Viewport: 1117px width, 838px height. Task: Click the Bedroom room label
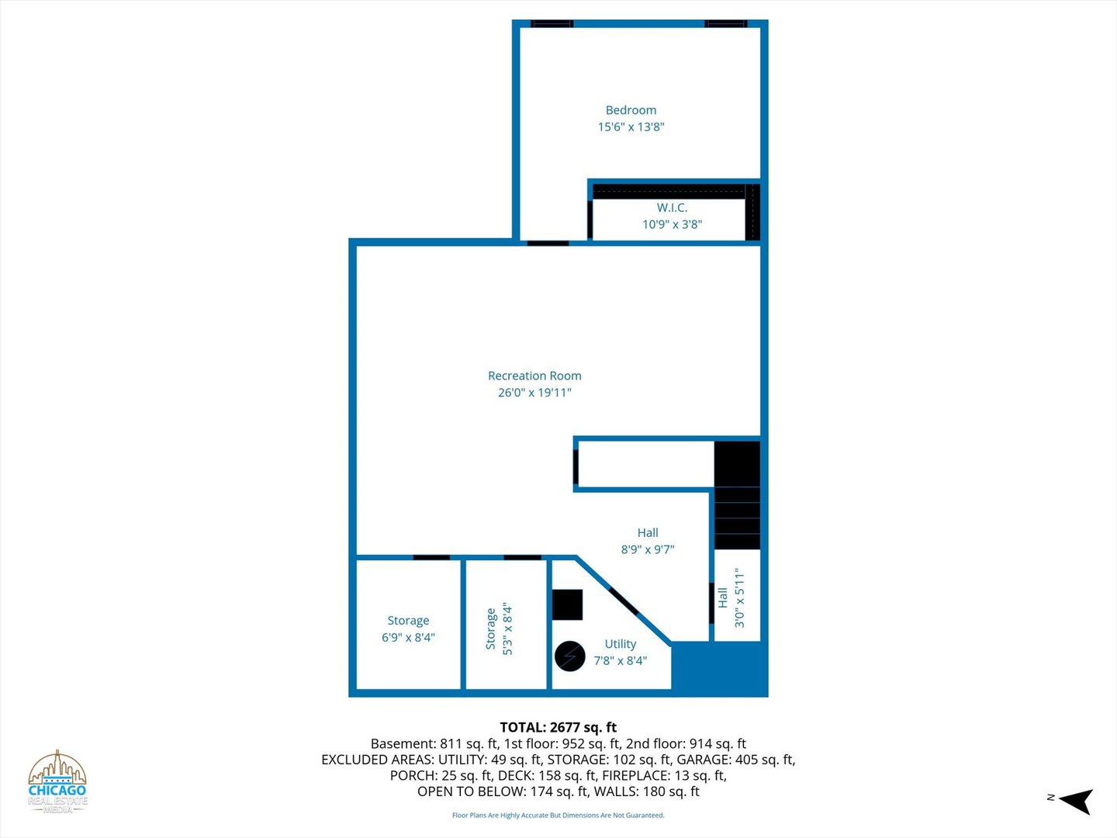click(x=631, y=110)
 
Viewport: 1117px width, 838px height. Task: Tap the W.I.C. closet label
click(x=672, y=208)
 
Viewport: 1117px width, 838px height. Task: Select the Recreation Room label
click(x=534, y=376)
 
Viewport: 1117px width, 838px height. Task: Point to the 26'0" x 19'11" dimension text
click(x=534, y=393)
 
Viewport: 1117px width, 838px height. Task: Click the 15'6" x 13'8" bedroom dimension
click(x=631, y=126)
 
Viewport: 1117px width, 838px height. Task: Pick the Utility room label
click(x=621, y=644)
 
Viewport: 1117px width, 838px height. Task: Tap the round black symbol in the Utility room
click(x=570, y=656)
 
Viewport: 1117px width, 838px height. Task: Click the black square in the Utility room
click(x=567, y=604)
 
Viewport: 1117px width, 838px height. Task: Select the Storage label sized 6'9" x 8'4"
click(x=408, y=628)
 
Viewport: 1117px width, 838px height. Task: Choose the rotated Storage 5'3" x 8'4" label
click(x=499, y=628)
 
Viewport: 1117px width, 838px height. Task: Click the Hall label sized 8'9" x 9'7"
click(x=647, y=541)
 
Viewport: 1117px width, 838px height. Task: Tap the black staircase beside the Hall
click(x=738, y=495)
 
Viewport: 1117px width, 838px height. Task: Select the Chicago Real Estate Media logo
click(x=57, y=781)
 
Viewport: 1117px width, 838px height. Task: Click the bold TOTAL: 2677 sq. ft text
click(x=558, y=727)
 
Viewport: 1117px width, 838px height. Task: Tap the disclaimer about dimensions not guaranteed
click(x=558, y=815)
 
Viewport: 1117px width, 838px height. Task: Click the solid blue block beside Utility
click(x=720, y=669)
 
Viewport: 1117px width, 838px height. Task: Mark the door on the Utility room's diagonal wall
click(x=624, y=601)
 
